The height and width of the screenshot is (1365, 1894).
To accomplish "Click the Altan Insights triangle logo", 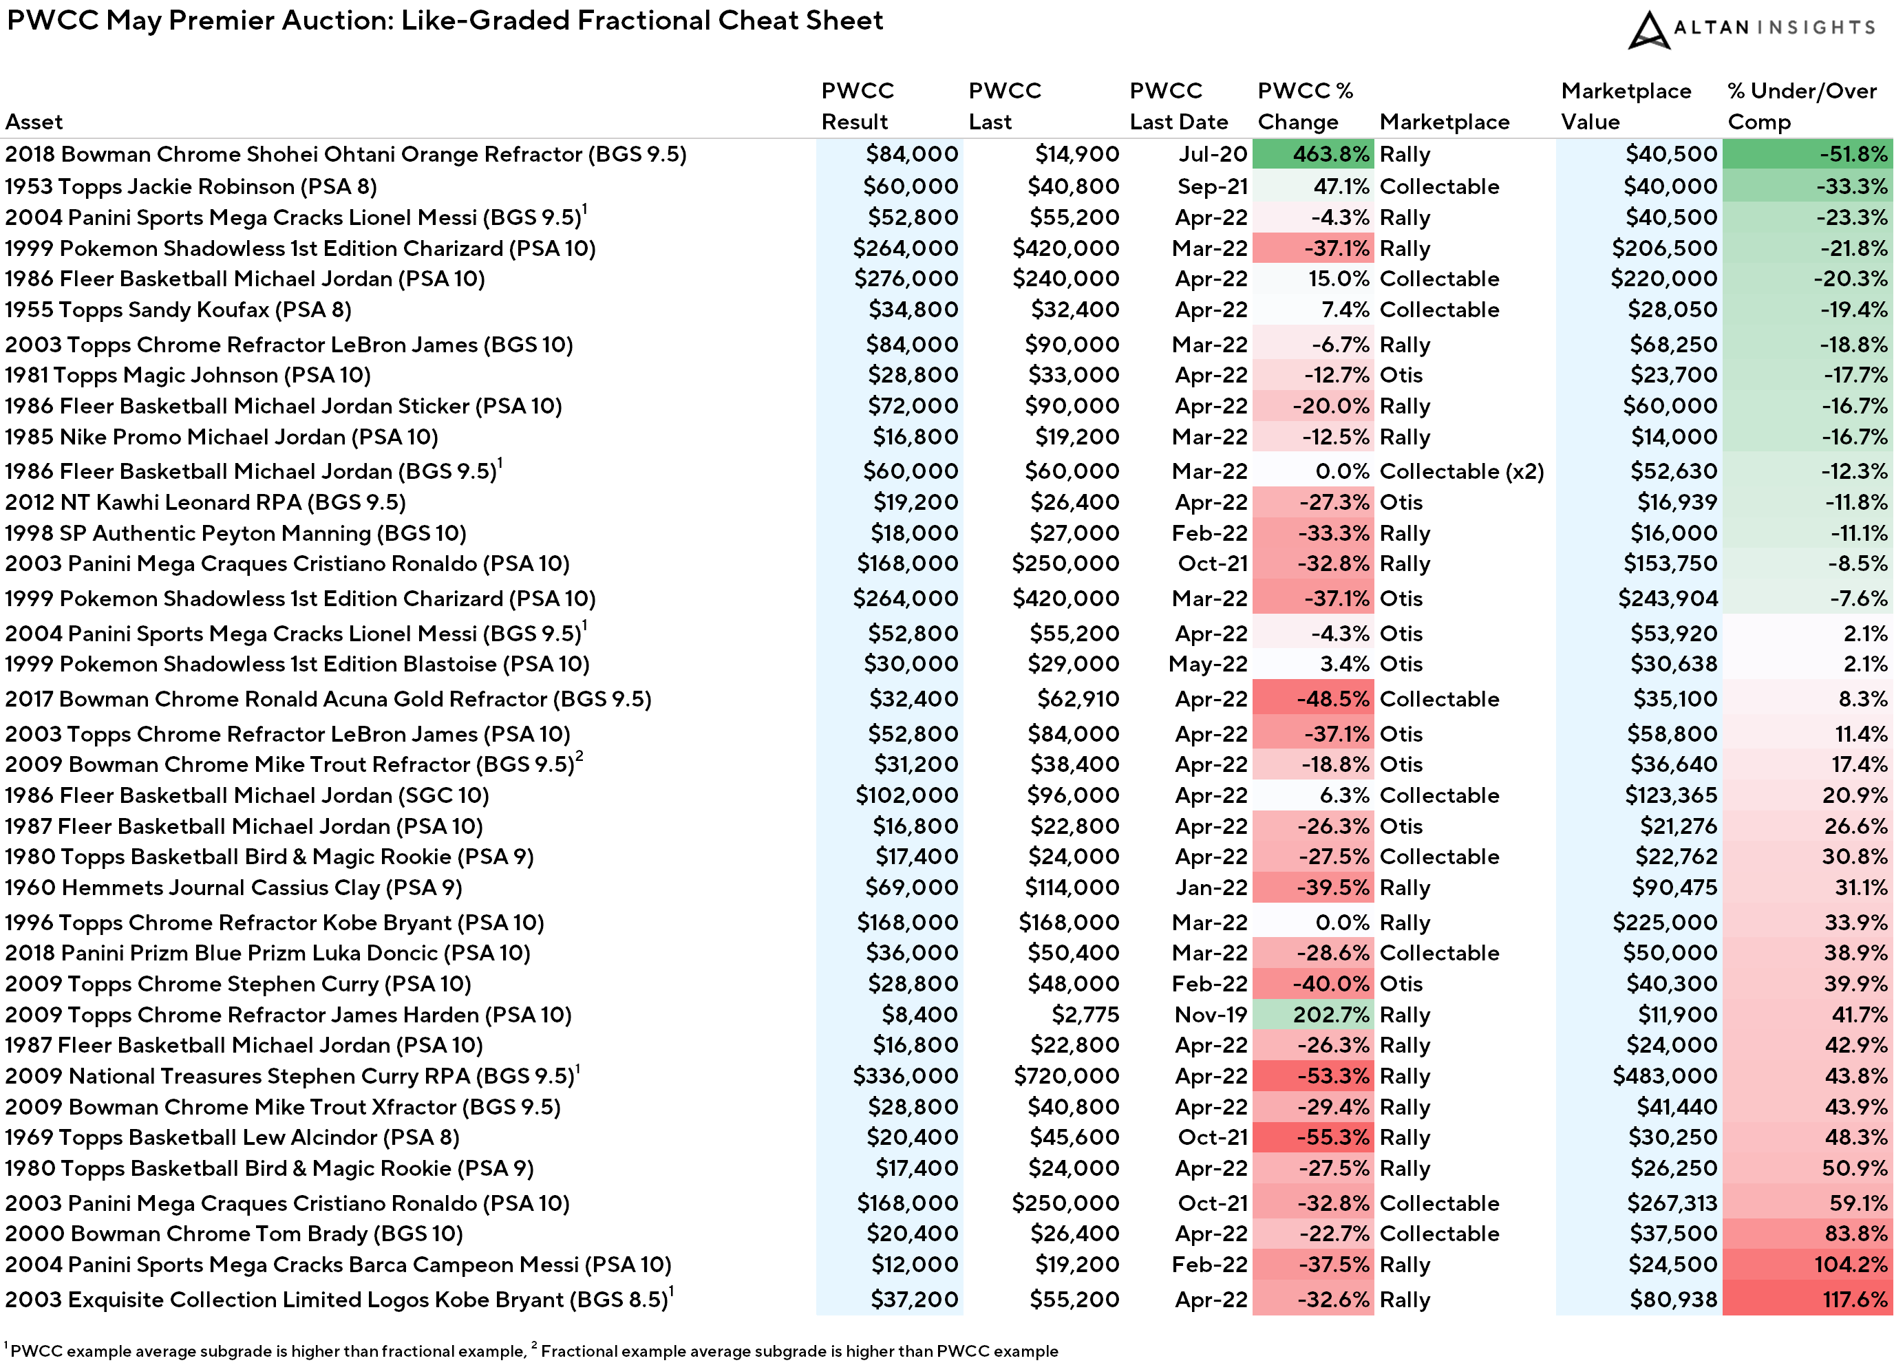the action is click(x=1648, y=30).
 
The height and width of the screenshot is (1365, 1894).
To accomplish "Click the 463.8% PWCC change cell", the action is click(x=1312, y=154).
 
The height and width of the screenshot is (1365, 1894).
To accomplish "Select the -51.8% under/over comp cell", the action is click(x=1807, y=154).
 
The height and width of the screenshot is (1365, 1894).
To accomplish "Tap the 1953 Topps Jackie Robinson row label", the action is click(x=191, y=186).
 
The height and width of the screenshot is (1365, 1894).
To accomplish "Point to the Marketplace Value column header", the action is click(x=1626, y=106).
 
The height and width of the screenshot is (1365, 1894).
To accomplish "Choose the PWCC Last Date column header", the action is click(x=1178, y=106).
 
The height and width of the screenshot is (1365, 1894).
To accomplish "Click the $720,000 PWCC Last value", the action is click(x=1067, y=1076).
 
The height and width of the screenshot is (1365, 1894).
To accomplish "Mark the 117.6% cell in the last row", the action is click(x=1807, y=1300).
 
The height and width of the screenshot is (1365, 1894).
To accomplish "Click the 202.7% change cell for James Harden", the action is click(x=1312, y=1014).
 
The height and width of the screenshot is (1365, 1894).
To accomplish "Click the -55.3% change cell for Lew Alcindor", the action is click(x=1312, y=1137).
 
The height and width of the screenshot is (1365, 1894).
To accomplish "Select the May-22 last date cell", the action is click(x=1209, y=665).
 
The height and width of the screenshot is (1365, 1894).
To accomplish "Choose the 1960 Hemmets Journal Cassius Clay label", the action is click(x=234, y=888).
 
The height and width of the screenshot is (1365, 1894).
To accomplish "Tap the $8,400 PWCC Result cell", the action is click(x=920, y=1014).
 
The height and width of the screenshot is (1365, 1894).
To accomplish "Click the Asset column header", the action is click(x=34, y=122).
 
